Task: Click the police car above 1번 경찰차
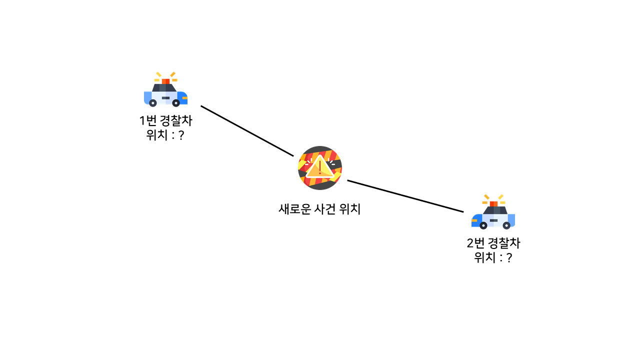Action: tap(165, 93)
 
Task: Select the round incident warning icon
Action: tap(320, 168)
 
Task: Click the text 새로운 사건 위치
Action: tap(319, 209)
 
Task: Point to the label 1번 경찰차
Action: tap(165, 121)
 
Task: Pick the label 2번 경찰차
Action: tap(493, 244)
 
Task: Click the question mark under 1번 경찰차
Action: tap(181, 135)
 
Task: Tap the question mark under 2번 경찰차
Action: tap(509, 258)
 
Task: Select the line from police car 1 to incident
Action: tap(247, 131)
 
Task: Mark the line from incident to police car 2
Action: tap(405, 196)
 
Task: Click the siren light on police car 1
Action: tap(165, 81)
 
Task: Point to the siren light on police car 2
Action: tap(493, 203)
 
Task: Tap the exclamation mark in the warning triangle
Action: tap(319, 166)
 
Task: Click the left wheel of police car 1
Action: tap(153, 103)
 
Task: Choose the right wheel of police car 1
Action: tap(176, 103)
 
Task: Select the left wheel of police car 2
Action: tap(483, 225)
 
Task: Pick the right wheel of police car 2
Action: tap(506, 225)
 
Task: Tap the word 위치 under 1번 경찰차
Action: tap(156, 135)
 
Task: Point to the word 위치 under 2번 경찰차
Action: tap(484, 258)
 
